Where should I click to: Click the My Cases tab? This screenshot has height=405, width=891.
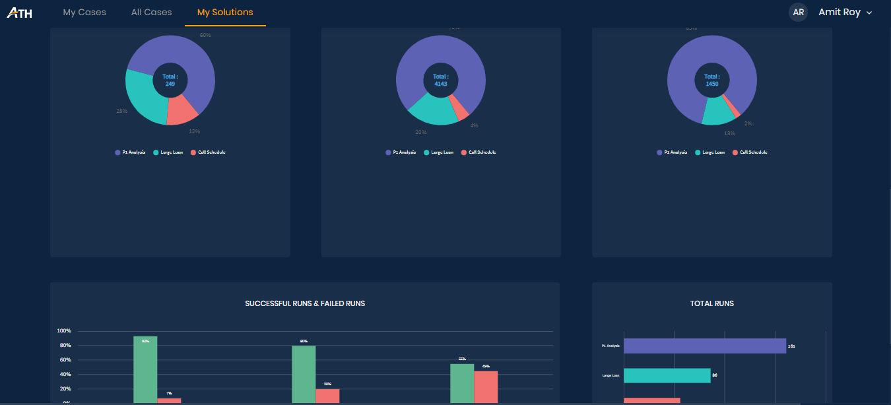(84, 13)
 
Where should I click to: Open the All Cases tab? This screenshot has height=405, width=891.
(151, 13)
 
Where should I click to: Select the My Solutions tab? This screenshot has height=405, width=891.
(225, 13)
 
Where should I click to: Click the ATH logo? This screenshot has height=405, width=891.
(19, 13)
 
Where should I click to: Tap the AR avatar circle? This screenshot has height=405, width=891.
(798, 13)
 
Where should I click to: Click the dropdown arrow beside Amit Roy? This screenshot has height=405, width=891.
(869, 13)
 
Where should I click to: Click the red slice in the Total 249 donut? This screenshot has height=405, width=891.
(181, 110)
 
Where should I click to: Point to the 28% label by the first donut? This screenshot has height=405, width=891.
(122, 111)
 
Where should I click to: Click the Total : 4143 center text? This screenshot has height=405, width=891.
(441, 80)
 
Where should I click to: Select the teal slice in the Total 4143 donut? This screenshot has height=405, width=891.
(432, 112)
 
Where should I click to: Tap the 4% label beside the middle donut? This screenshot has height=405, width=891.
(474, 125)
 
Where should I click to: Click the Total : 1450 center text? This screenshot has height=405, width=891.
(711, 80)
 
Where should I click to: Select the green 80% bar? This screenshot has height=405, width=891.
(304, 373)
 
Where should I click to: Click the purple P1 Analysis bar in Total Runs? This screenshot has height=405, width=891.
(704, 346)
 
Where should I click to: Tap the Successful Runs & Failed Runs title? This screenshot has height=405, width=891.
(305, 303)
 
